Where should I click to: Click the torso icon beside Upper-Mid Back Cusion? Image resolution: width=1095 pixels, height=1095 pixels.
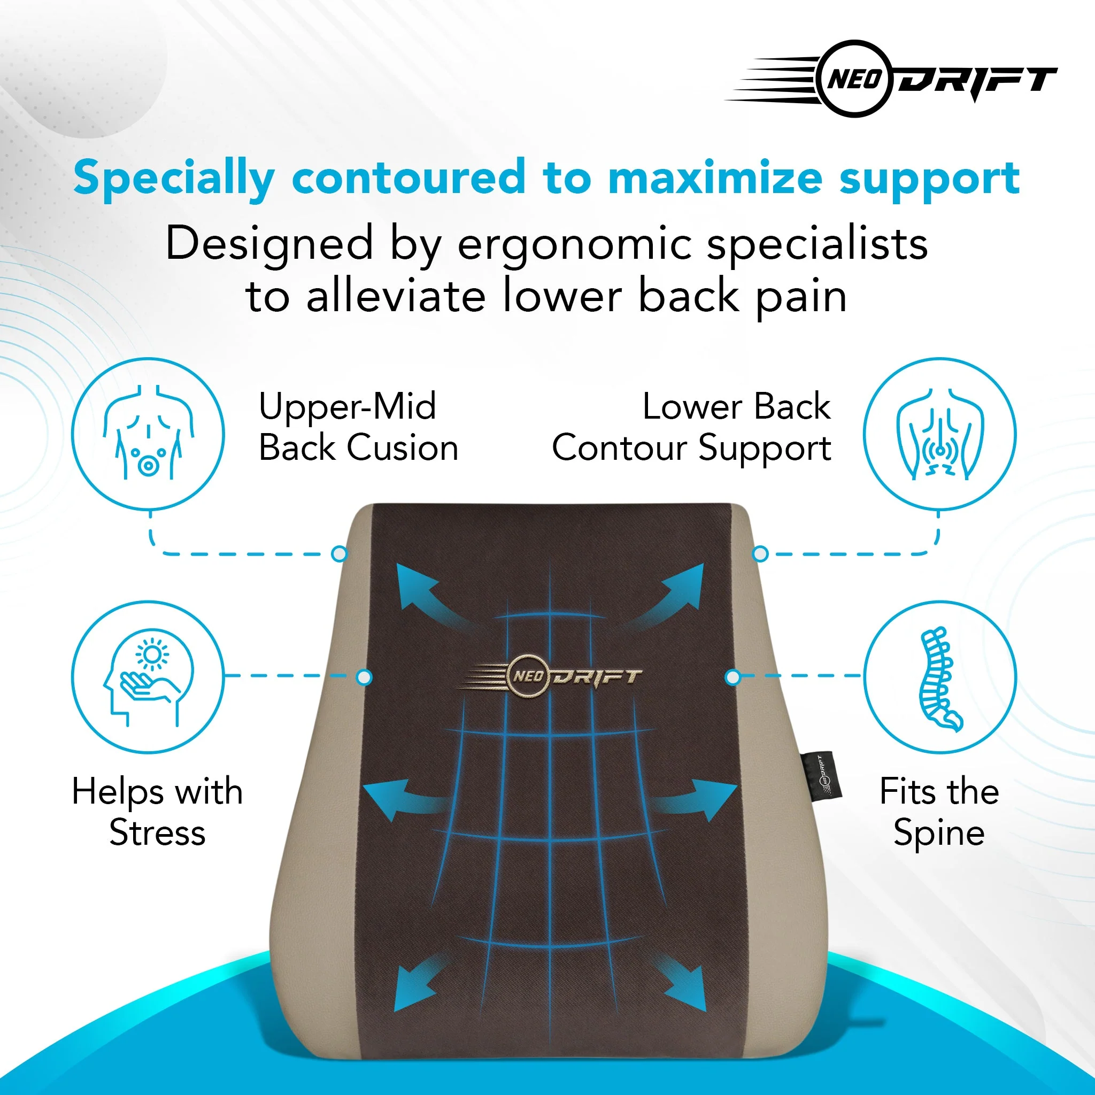pyautogui.click(x=148, y=434)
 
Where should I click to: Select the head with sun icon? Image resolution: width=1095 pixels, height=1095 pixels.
pyautogui.click(x=148, y=677)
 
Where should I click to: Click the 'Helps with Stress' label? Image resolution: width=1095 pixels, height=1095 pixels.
pyautogui.click(x=158, y=812)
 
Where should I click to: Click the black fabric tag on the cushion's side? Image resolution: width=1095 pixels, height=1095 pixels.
pyautogui.click(x=821, y=776)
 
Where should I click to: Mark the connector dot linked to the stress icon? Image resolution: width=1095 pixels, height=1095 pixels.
pyautogui.click(x=364, y=677)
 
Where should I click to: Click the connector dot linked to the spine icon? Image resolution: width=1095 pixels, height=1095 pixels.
pyautogui.click(x=733, y=677)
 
